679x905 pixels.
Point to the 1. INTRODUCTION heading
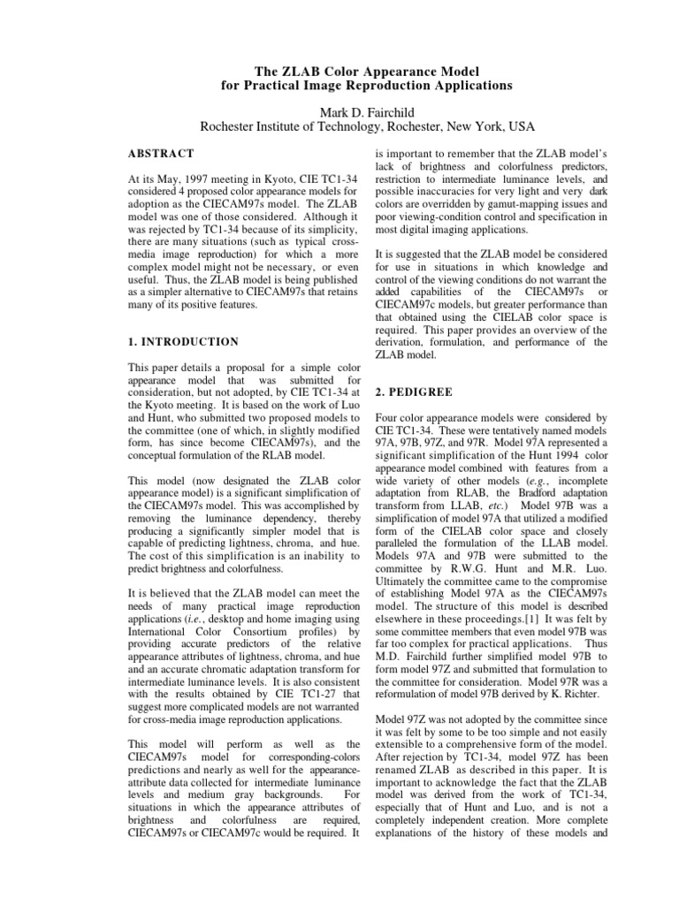click(183, 341)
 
